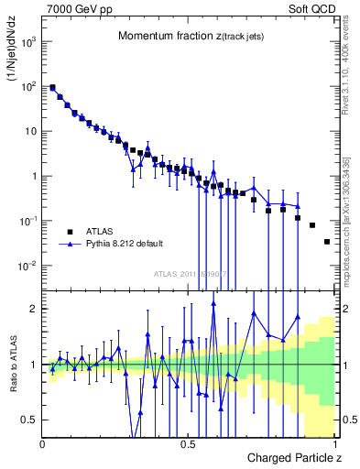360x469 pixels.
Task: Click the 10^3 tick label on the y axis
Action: (x=28, y=42)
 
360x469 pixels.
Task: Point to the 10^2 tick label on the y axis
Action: (x=28, y=87)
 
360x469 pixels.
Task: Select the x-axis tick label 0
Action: (x=43, y=444)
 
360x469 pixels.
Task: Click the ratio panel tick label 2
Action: (x=34, y=309)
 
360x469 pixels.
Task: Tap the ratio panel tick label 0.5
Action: (x=30, y=420)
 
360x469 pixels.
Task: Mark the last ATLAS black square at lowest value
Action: (x=327, y=242)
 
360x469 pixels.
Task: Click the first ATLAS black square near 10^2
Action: (x=52, y=88)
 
